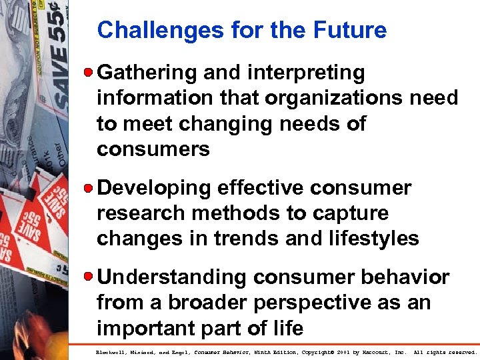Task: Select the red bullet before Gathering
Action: click(x=90, y=72)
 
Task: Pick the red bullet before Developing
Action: click(x=90, y=188)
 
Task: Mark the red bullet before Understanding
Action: click(x=90, y=277)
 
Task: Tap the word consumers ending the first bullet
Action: click(x=153, y=149)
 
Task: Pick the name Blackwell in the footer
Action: click(x=112, y=351)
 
